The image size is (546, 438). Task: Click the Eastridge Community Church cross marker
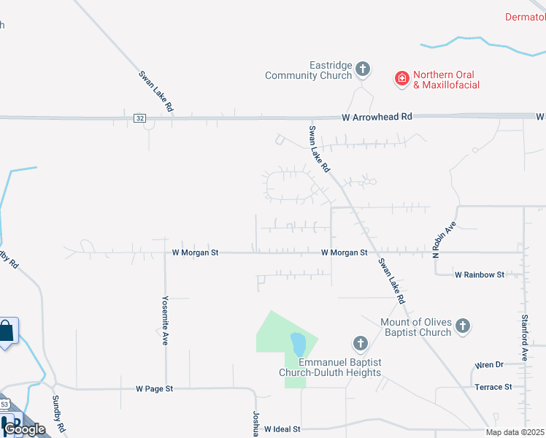coord(363,70)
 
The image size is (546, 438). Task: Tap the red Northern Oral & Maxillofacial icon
coord(401,79)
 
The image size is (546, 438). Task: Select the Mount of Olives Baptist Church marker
coord(463,326)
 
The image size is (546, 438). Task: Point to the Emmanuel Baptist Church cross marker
coord(359,343)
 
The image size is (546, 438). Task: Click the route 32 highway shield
coord(139,117)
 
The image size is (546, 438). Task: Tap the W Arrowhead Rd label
coord(377,117)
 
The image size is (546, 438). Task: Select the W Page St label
coord(153,389)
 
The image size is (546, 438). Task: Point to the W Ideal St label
coord(282,429)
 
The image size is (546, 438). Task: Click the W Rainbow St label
coord(480,274)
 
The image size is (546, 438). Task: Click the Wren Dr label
coord(489,364)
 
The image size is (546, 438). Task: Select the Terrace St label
coord(493,386)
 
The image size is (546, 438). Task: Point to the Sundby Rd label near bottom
coord(59,413)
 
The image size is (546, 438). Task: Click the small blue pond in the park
coord(298,342)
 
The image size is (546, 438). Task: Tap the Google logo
coord(24,429)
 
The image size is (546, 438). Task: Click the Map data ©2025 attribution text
coord(515,432)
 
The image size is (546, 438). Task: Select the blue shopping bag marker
coord(7,333)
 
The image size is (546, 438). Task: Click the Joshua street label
coord(257,422)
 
